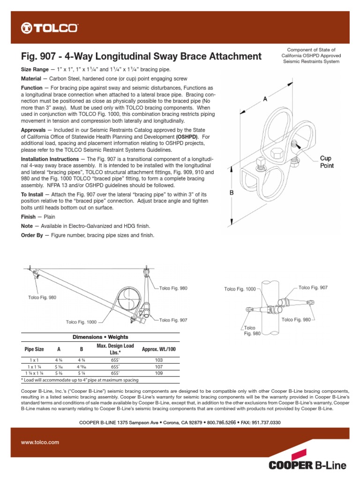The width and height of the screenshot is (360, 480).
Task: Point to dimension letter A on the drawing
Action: click(x=265, y=99)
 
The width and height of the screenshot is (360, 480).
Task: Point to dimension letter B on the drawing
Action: click(x=232, y=193)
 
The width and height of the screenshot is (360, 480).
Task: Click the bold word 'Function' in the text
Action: click(x=31, y=88)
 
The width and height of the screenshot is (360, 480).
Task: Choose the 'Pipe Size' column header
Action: click(x=34, y=350)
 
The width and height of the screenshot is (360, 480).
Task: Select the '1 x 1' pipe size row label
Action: click(x=34, y=360)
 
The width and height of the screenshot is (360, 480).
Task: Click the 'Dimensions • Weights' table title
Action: click(x=100, y=337)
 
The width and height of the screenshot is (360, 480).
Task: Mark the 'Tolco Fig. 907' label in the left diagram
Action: click(x=173, y=320)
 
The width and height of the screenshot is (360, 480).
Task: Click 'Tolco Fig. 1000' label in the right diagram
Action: click(x=240, y=289)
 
